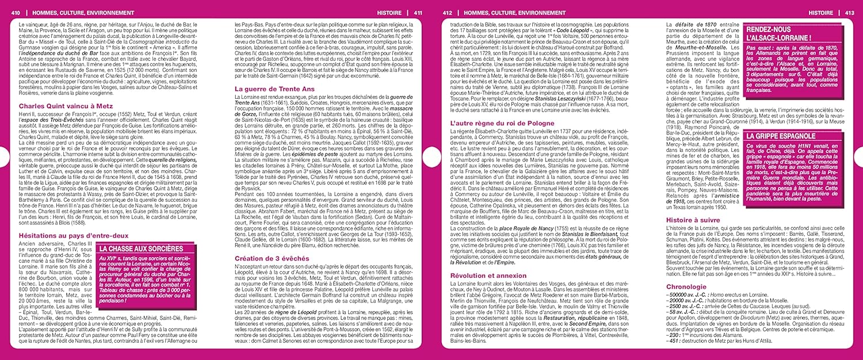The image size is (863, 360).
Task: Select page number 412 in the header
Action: (x=447, y=12)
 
